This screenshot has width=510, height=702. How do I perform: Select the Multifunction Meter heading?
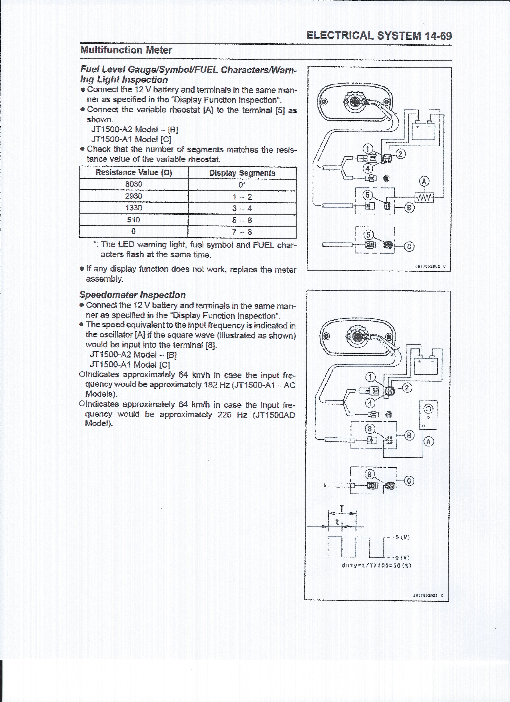click(x=126, y=50)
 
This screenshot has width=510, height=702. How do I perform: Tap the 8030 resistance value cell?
click(x=134, y=184)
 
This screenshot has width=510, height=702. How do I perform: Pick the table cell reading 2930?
click(x=134, y=196)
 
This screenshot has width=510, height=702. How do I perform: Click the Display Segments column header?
click(x=242, y=173)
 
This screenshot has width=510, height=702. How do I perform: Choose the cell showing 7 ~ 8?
click(x=242, y=232)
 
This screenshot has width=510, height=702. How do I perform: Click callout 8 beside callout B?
click(x=370, y=429)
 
